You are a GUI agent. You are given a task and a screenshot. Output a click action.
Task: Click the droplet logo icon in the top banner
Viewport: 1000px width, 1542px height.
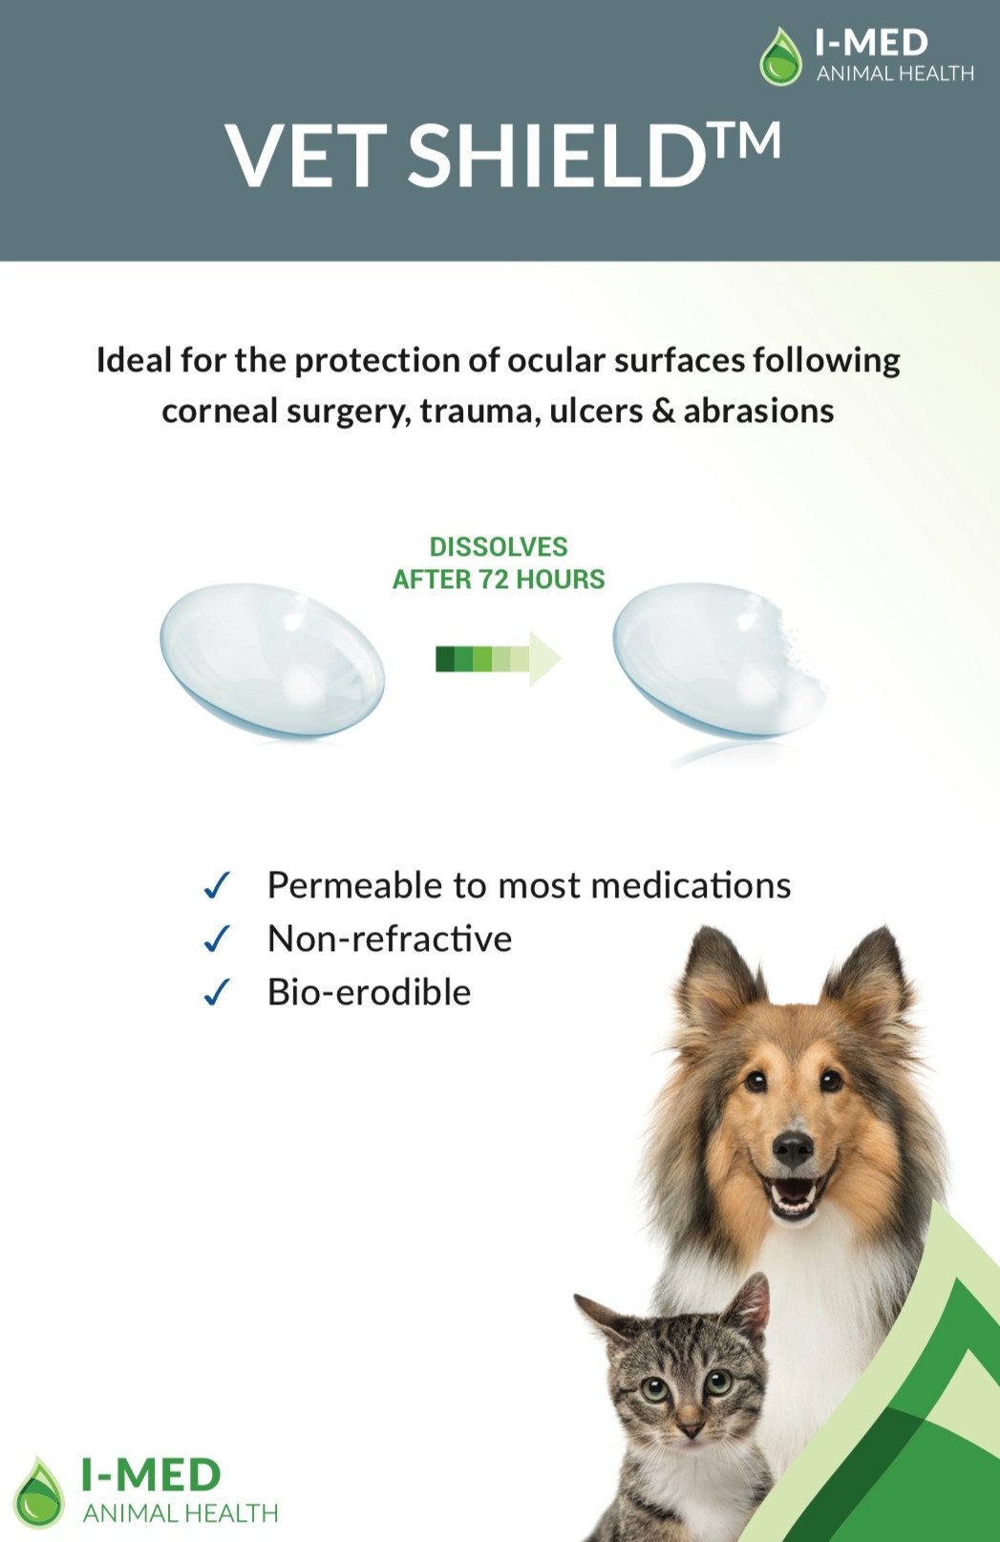[781, 56]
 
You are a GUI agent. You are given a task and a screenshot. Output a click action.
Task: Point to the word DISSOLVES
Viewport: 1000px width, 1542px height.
[499, 546]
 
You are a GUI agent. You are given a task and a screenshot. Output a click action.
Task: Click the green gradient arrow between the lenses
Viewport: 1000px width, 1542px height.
[499, 659]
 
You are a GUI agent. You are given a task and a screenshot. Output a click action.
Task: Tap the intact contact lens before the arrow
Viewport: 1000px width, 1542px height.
[272, 661]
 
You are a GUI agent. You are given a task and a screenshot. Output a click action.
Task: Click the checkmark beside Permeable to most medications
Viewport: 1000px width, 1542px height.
[216, 885]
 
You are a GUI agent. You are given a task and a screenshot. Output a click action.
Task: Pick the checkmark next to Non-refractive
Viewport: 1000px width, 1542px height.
[216, 939]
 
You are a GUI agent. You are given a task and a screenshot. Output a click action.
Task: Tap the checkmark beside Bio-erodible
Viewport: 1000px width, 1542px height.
[216, 993]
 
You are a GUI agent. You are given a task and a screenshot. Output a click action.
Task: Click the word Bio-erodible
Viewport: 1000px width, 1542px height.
[369, 992]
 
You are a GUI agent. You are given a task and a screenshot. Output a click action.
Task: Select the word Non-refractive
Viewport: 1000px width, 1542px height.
[390, 939]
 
